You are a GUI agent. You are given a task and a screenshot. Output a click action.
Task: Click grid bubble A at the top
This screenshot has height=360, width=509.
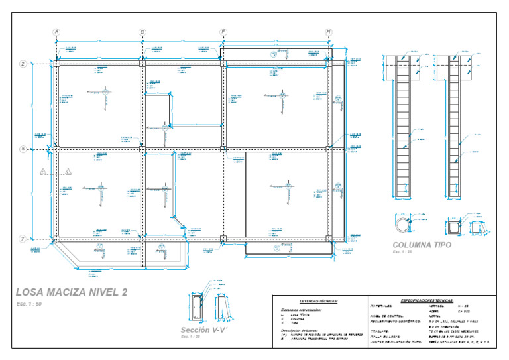56,32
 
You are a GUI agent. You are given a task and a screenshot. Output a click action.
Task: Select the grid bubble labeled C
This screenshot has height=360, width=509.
142,32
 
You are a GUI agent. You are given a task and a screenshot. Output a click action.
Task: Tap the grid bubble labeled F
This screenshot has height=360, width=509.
223,32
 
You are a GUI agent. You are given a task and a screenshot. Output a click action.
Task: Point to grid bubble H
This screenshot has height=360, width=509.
329,32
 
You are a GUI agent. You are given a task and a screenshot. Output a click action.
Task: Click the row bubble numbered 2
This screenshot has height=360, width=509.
23,64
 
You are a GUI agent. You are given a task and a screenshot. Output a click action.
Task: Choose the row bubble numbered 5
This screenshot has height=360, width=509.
23,149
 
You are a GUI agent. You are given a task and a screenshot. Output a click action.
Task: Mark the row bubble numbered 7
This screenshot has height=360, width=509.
23,239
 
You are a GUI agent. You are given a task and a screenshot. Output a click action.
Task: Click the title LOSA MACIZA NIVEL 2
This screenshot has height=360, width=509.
72,292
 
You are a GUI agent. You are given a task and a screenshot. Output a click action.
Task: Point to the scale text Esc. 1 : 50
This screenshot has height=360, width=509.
29,304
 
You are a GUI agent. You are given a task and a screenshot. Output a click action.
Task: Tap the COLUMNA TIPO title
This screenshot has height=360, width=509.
422,245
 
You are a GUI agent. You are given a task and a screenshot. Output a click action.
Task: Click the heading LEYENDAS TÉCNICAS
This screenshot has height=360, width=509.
318,301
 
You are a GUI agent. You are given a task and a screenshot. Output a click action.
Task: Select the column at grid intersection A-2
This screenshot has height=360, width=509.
56,64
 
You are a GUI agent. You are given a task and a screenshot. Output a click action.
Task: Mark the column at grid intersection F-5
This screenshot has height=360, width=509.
223,149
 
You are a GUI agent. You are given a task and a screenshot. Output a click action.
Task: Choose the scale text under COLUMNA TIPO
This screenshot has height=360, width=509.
402,252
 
